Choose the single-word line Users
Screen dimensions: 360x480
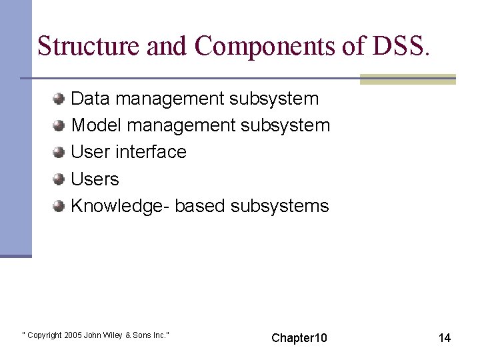[x=95, y=179]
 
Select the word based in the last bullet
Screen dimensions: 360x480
[x=200, y=206]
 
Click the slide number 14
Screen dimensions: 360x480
[x=444, y=338]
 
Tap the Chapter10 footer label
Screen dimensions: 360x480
[x=299, y=338]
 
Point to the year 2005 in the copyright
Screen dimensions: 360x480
[x=73, y=335]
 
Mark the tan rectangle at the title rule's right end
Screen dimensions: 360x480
[x=407, y=79]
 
